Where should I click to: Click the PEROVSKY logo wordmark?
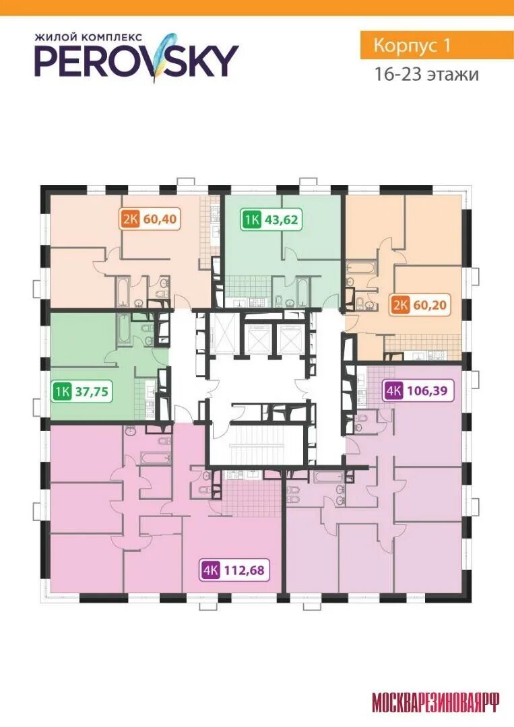coord(136,61)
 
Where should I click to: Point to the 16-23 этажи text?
coord(426,74)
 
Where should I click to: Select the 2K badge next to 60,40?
coord(131,218)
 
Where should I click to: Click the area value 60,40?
coord(160,218)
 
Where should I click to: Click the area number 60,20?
coord(429,305)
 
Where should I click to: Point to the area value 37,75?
coord(92,391)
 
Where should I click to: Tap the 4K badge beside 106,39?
coord(393,390)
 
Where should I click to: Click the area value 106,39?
coord(427,390)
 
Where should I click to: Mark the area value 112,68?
coord(244,570)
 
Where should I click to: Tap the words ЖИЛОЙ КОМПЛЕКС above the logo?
coord(89,36)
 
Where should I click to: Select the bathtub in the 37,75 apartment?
coord(124,330)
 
